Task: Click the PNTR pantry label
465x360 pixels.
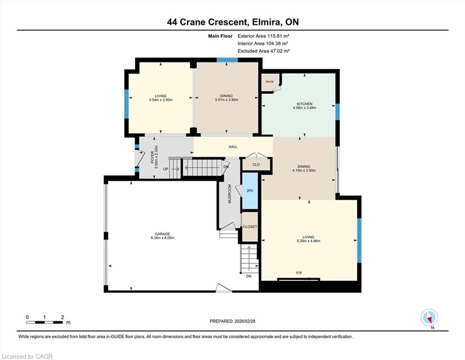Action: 270,82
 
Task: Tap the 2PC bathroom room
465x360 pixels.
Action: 250,191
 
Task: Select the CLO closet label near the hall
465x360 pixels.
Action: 256,165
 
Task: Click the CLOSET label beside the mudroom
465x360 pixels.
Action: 250,226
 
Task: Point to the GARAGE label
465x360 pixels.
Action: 162,234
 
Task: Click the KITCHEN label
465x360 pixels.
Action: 304,104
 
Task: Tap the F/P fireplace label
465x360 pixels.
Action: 299,273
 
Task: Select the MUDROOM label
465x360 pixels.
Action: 229,194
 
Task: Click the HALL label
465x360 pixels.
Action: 233,147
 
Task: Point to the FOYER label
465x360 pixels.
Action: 153,157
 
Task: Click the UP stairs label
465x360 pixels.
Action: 165,169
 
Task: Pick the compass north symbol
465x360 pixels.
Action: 429,318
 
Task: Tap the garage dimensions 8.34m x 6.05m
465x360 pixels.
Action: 162,238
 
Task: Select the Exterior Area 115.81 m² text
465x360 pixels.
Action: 263,36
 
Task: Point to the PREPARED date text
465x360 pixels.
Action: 232,321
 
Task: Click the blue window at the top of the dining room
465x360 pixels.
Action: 227,60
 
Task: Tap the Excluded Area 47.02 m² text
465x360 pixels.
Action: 264,51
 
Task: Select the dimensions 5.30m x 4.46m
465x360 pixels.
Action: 309,241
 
